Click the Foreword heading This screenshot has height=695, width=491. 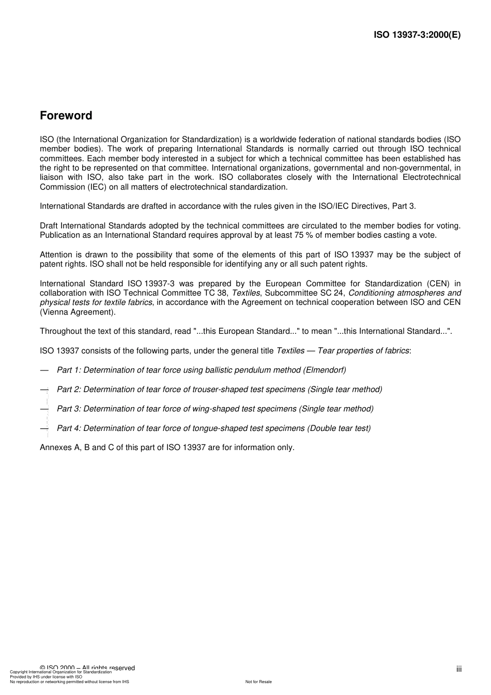pyautogui.click(x=66, y=116)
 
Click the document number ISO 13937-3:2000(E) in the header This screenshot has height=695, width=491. pyautogui.click(x=417, y=35)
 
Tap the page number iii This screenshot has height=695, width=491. pyautogui.click(x=458, y=669)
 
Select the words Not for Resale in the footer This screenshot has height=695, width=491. pyautogui.click(x=258, y=682)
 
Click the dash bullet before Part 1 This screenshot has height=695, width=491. pyautogui.click(x=44, y=370)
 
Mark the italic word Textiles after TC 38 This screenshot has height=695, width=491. pyautogui.click(x=246, y=293)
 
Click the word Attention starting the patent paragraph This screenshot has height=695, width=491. pyautogui.click(x=56, y=255)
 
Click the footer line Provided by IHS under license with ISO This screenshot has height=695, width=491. pyautogui.click(x=46, y=677)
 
